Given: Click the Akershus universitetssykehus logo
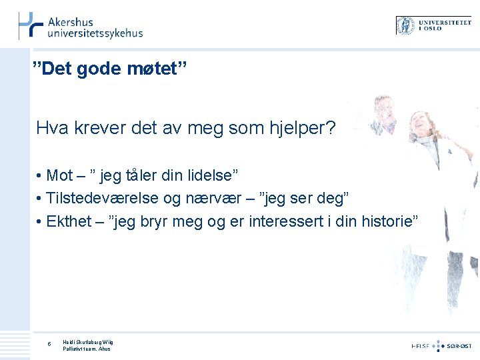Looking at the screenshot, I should pyautogui.click(x=80, y=26).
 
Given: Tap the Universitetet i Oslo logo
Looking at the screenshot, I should pyautogui.click(x=433, y=25).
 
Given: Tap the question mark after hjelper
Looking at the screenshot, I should pyautogui.click(x=331, y=127).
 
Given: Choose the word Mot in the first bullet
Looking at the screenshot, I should pyautogui.click(x=59, y=175).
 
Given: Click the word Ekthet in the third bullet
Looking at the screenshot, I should pyautogui.click(x=67, y=221).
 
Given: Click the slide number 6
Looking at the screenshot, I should pyautogui.click(x=49, y=344).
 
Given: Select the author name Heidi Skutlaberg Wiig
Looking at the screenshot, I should pyautogui.click(x=89, y=341).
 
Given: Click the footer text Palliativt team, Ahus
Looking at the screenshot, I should pyautogui.click(x=87, y=348).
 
